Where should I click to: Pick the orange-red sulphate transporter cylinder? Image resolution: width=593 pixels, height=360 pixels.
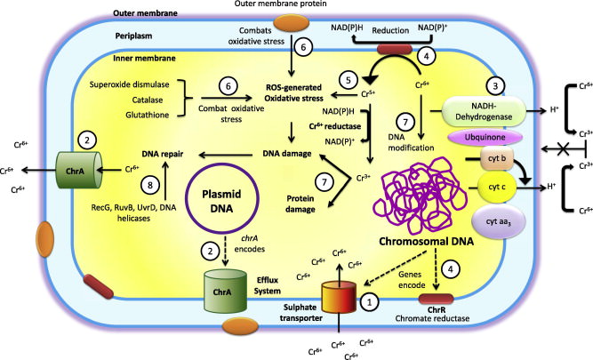[x=338, y=308]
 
